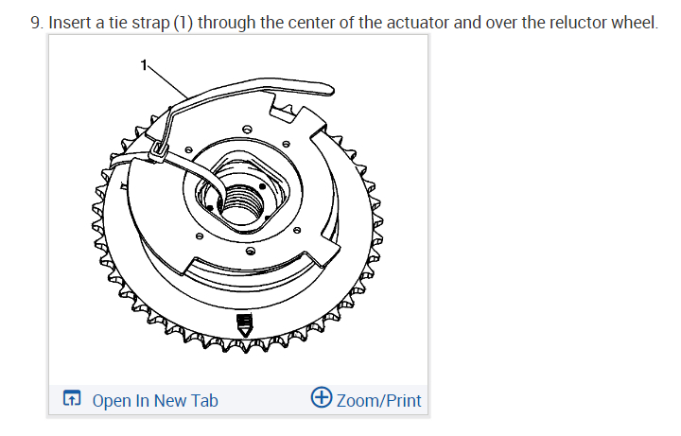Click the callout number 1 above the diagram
click(144, 65)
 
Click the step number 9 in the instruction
click(36, 22)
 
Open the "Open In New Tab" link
click(155, 400)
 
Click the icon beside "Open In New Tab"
click(72, 400)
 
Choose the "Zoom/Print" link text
click(378, 400)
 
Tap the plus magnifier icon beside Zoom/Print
click(321, 399)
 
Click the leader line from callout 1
click(168, 79)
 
